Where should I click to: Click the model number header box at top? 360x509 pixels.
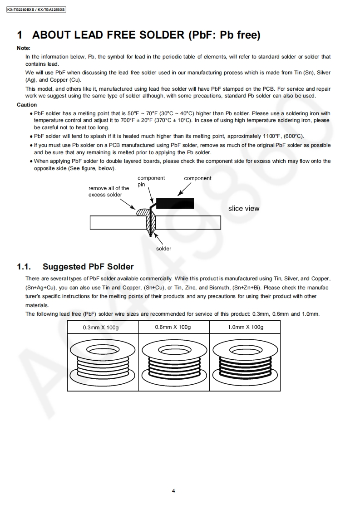(36, 9)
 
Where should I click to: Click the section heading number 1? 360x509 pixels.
(20, 35)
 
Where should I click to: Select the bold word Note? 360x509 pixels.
(24, 48)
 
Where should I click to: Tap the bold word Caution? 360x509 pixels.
(27, 105)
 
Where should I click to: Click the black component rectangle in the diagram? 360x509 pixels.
(175, 203)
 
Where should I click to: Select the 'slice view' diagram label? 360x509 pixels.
(244, 209)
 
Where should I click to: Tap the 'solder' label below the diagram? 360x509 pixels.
(164, 249)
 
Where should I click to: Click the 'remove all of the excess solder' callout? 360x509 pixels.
(108, 191)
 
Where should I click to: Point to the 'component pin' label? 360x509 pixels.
(151, 181)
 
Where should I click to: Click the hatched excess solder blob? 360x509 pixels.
(141, 212)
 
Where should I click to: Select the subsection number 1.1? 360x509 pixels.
(24, 267)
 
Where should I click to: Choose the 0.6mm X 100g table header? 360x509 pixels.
(173, 327)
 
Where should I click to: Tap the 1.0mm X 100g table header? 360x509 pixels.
(245, 327)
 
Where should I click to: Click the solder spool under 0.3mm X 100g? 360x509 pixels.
(102, 361)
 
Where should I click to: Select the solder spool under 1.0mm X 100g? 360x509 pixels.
(245, 361)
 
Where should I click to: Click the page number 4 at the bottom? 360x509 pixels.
(173, 490)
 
